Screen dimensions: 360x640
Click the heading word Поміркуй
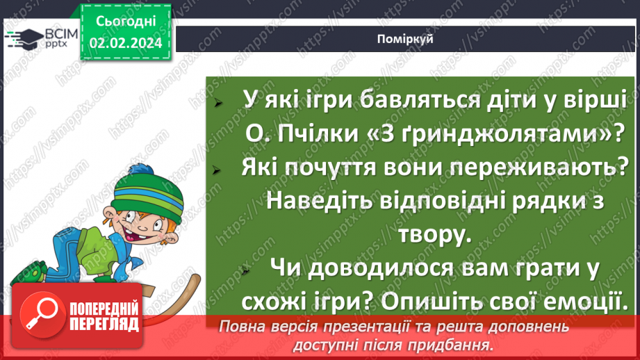tap(407, 39)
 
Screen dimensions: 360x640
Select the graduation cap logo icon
tap(25, 39)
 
